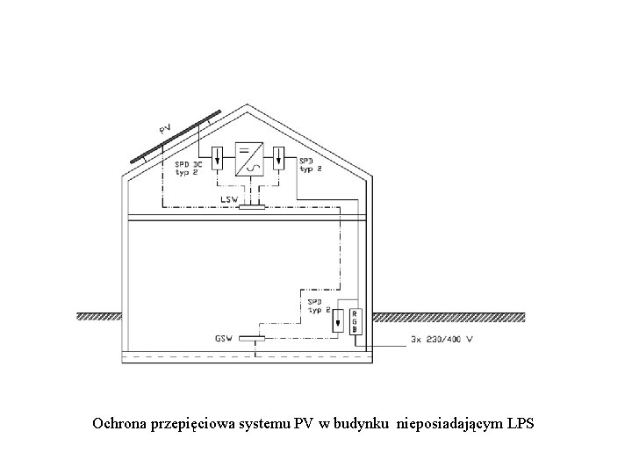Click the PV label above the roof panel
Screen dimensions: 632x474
(x=164, y=127)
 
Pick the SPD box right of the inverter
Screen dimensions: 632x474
(x=279, y=159)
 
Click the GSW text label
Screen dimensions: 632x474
(x=225, y=338)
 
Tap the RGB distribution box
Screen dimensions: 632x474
(x=355, y=322)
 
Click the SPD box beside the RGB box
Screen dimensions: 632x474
(x=339, y=322)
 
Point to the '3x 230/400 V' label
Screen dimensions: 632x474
(x=442, y=339)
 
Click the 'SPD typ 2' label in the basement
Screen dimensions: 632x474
(x=318, y=305)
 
